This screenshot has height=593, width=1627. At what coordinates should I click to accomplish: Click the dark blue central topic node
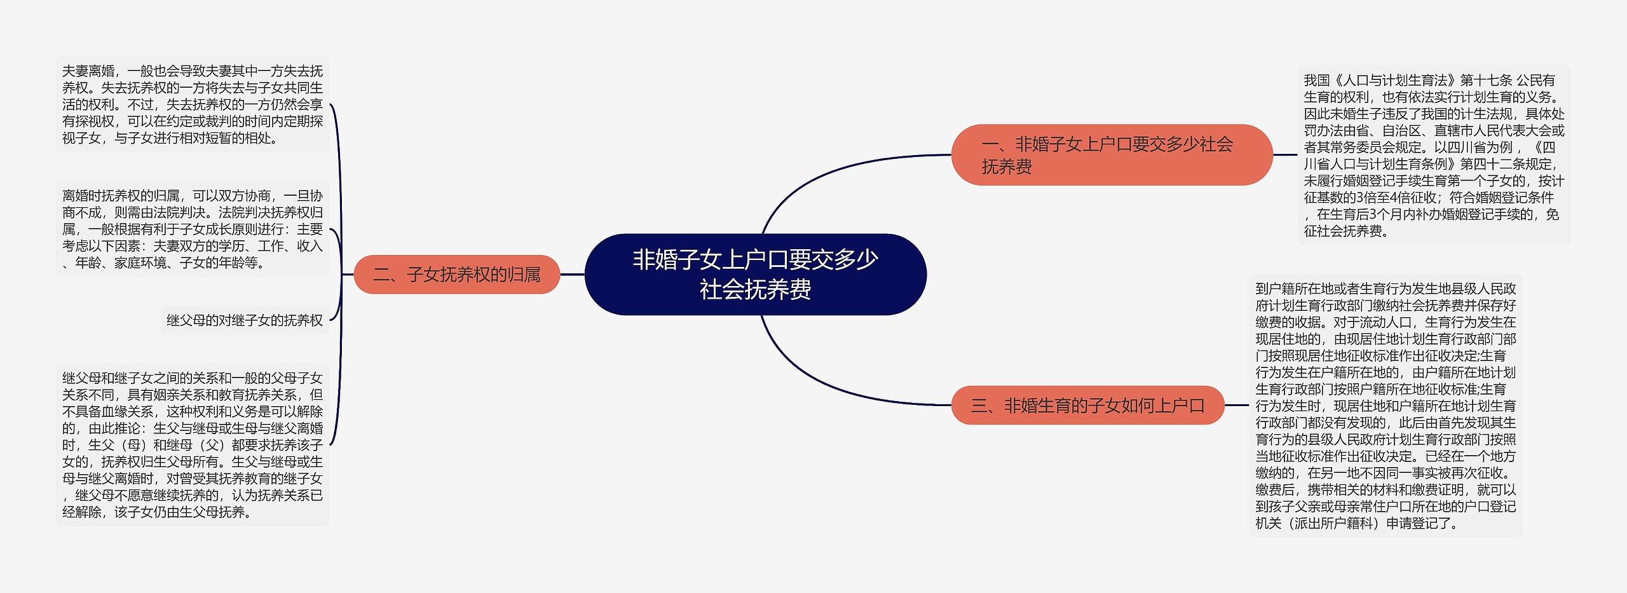pos(755,275)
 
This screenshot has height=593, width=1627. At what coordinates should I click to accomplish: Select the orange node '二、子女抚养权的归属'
pos(456,275)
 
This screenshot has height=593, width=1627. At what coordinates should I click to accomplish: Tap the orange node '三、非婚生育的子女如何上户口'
pos(1087,405)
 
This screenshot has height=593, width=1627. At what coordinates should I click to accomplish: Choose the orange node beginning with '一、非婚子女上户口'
pos(1112,155)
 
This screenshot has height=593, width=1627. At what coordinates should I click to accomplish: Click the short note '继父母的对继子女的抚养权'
pos(245,320)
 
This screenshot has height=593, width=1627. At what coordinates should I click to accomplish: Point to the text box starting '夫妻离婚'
pos(193,104)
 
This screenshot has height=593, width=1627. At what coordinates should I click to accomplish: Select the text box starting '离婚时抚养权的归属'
pos(193,229)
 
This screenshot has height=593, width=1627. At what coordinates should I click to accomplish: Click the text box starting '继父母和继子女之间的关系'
pos(193,445)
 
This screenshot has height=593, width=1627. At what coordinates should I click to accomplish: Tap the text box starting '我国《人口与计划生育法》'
pos(1434,155)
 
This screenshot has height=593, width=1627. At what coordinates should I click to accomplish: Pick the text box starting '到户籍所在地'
pos(1385,406)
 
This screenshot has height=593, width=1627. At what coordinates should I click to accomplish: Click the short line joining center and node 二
pos(572,275)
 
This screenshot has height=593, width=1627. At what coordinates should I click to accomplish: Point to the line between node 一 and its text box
pos(1285,154)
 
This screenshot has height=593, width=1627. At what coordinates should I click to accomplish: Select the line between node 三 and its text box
pos(1237,405)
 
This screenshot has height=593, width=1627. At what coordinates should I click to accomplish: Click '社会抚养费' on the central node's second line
pos(755,290)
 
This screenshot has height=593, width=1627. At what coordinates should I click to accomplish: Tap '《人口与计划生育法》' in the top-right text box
pos(1394,81)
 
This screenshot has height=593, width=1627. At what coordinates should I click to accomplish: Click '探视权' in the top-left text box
pos(95,121)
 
